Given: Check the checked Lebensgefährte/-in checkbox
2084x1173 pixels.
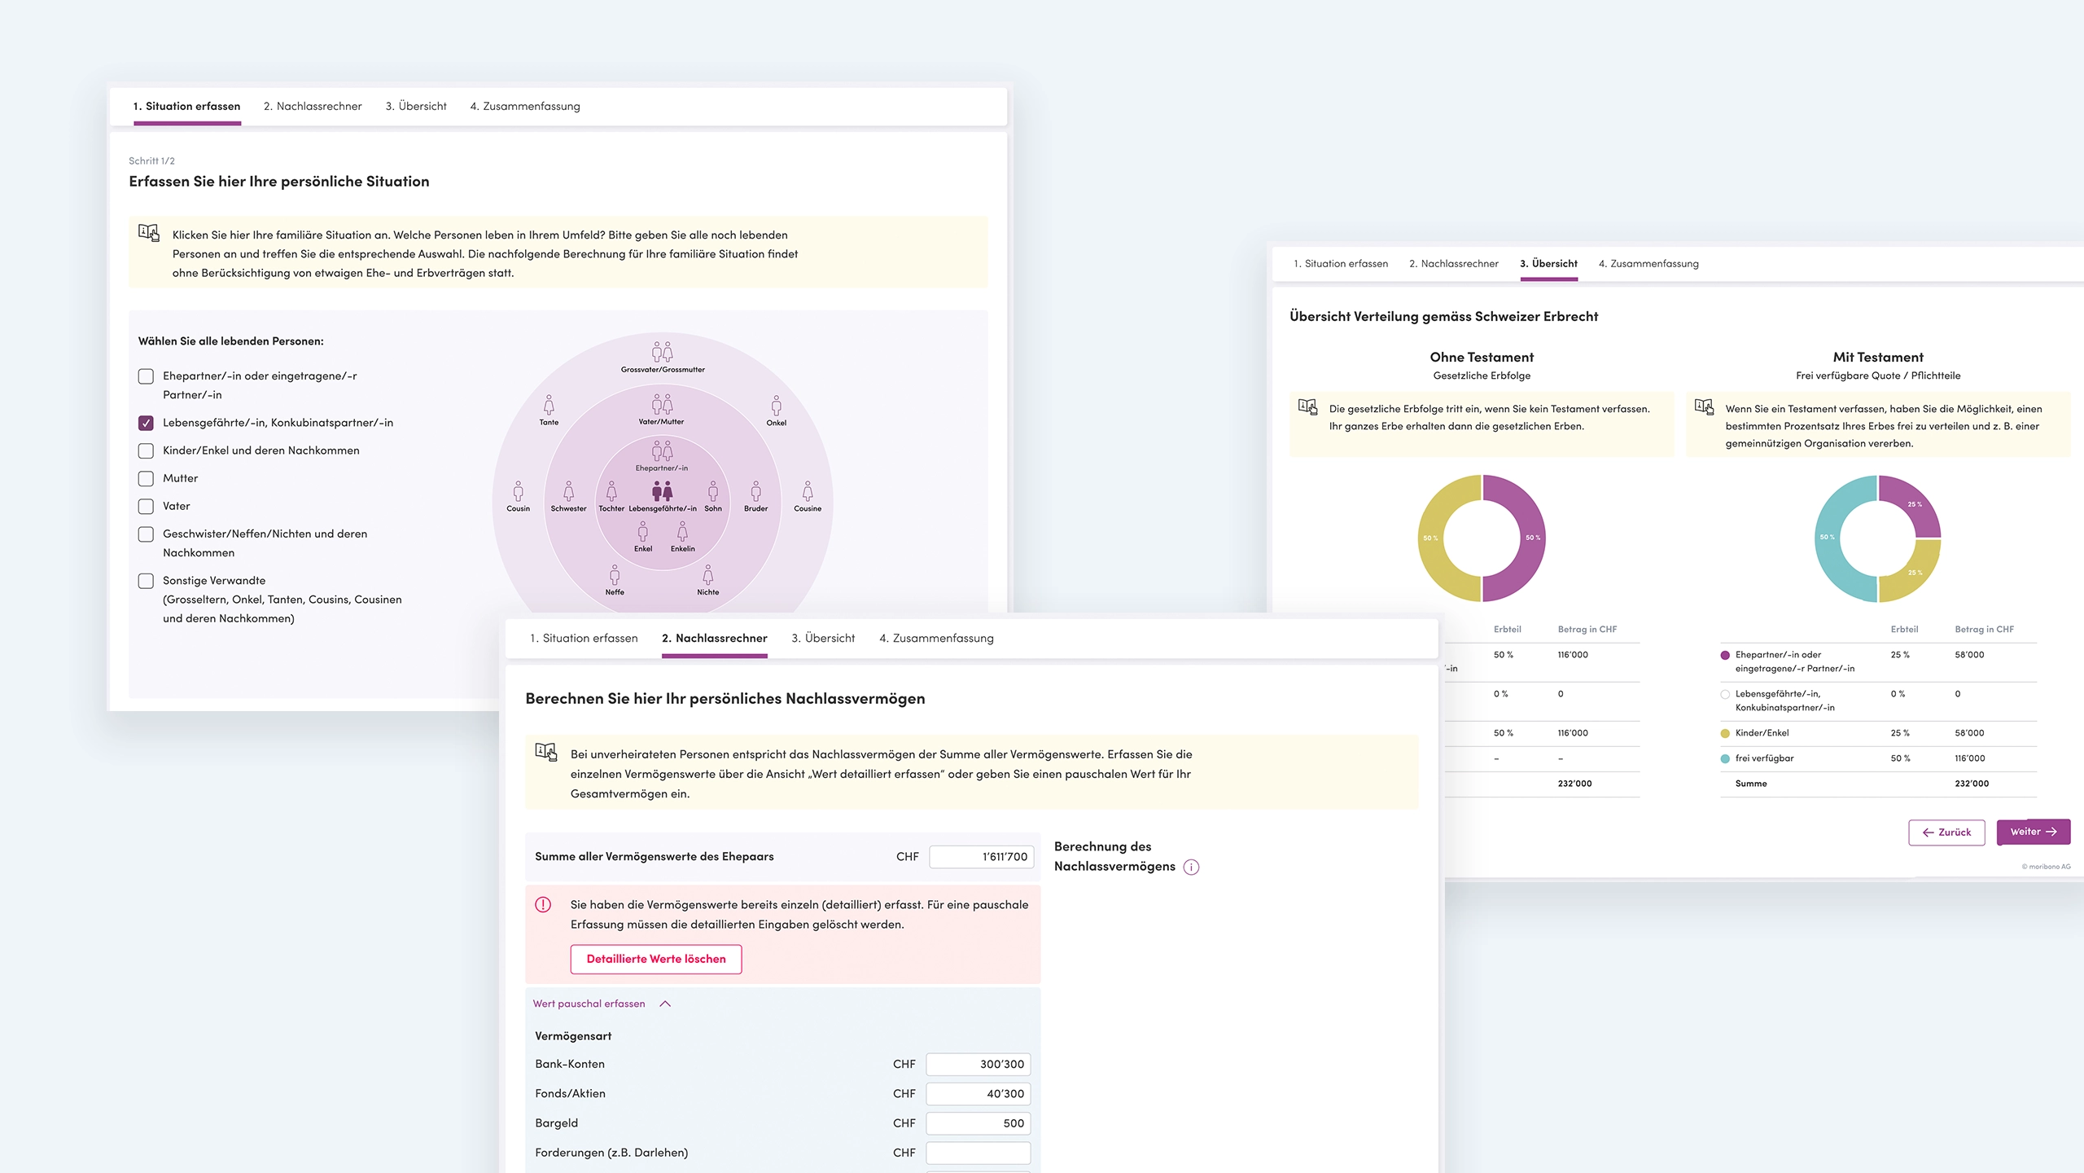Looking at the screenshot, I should [x=146, y=423].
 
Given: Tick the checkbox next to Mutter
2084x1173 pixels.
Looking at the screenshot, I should [x=146, y=478].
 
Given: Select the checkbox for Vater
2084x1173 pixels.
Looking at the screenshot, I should [x=146, y=506].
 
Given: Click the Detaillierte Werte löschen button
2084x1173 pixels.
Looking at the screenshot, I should [x=655, y=959].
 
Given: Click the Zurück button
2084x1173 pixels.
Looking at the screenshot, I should [x=1946, y=832].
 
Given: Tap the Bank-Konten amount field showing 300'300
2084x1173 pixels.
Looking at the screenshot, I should [x=978, y=1064].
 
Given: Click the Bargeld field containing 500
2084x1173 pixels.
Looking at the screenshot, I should [x=978, y=1122].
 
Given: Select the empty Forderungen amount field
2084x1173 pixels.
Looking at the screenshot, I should [x=978, y=1152].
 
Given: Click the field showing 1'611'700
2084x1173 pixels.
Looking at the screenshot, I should [x=981, y=856].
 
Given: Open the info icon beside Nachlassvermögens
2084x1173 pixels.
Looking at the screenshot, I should [x=1191, y=867].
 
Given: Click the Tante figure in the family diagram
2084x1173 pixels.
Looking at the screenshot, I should [x=549, y=406].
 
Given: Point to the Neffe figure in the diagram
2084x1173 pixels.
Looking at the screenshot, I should [x=615, y=576].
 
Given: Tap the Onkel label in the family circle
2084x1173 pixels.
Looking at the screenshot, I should [x=777, y=423].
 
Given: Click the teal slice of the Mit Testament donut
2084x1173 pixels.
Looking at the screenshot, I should [x=1829, y=538].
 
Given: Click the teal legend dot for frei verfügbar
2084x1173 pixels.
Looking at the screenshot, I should [x=1725, y=758].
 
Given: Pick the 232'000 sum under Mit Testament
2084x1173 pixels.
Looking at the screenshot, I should [x=1971, y=784].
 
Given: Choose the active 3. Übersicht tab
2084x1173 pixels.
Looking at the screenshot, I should [x=1548, y=264].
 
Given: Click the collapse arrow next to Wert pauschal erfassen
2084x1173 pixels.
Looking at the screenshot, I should [x=665, y=1004].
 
